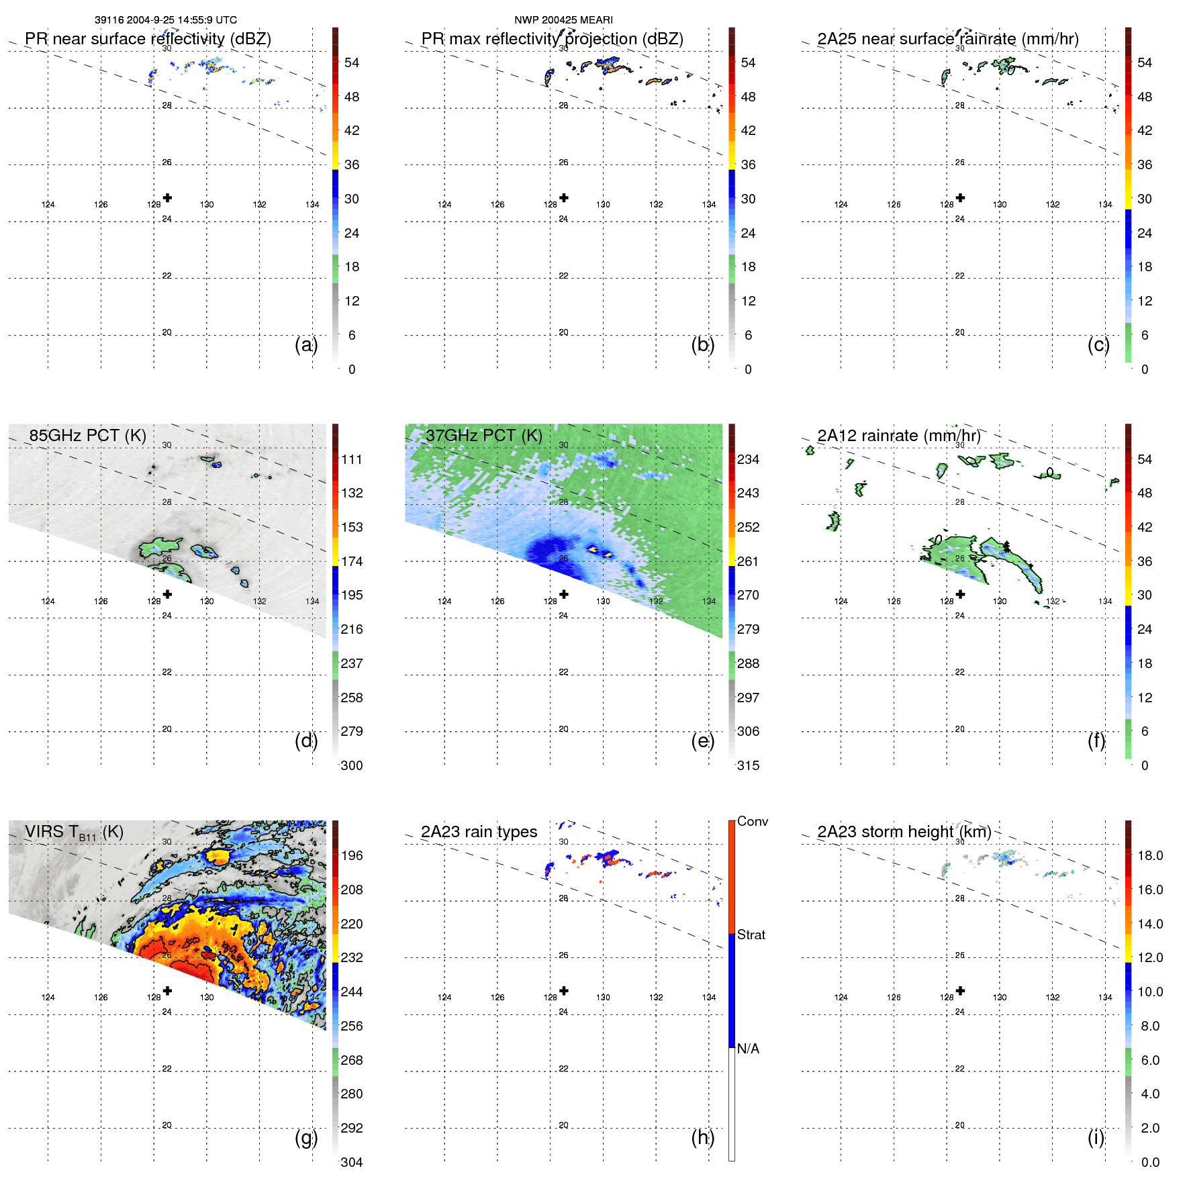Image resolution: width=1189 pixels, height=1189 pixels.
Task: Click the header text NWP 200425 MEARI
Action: (x=563, y=20)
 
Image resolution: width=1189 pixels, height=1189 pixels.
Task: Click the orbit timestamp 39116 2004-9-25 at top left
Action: (x=165, y=20)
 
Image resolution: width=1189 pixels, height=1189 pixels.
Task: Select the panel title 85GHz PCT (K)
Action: (x=87, y=436)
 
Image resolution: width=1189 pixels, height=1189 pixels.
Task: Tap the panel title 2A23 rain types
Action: (x=479, y=832)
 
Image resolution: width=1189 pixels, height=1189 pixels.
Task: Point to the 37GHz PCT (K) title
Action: (x=483, y=436)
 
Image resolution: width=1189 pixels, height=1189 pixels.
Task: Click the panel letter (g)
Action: (x=306, y=1137)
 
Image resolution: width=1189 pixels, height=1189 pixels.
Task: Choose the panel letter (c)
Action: (x=1098, y=344)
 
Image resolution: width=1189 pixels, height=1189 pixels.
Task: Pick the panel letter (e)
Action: (x=702, y=741)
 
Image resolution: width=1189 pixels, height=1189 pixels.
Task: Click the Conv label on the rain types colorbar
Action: (x=752, y=821)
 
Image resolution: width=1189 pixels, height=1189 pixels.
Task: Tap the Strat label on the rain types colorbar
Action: (x=751, y=935)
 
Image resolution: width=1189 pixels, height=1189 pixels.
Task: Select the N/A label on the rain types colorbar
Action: (x=748, y=1049)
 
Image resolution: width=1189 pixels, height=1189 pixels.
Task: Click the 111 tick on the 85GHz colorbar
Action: (x=352, y=459)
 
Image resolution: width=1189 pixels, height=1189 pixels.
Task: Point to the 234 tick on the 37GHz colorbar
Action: (x=748, y=459)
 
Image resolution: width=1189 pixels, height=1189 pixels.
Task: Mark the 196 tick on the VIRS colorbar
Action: (x=352, y=855)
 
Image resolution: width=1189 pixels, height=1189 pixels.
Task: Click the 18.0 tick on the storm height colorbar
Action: (x=1149, y=855)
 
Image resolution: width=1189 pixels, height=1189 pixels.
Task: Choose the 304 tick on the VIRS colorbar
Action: (x=352, y=1162)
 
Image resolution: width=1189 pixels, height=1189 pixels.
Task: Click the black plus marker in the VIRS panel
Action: (x=167, y=990)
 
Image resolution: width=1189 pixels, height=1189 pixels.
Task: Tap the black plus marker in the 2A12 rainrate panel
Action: (x=960, y=594)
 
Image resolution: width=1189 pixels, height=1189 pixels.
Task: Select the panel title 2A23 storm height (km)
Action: (x=904, y=832)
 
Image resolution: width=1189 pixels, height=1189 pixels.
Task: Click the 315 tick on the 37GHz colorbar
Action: (x=748, y=765)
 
